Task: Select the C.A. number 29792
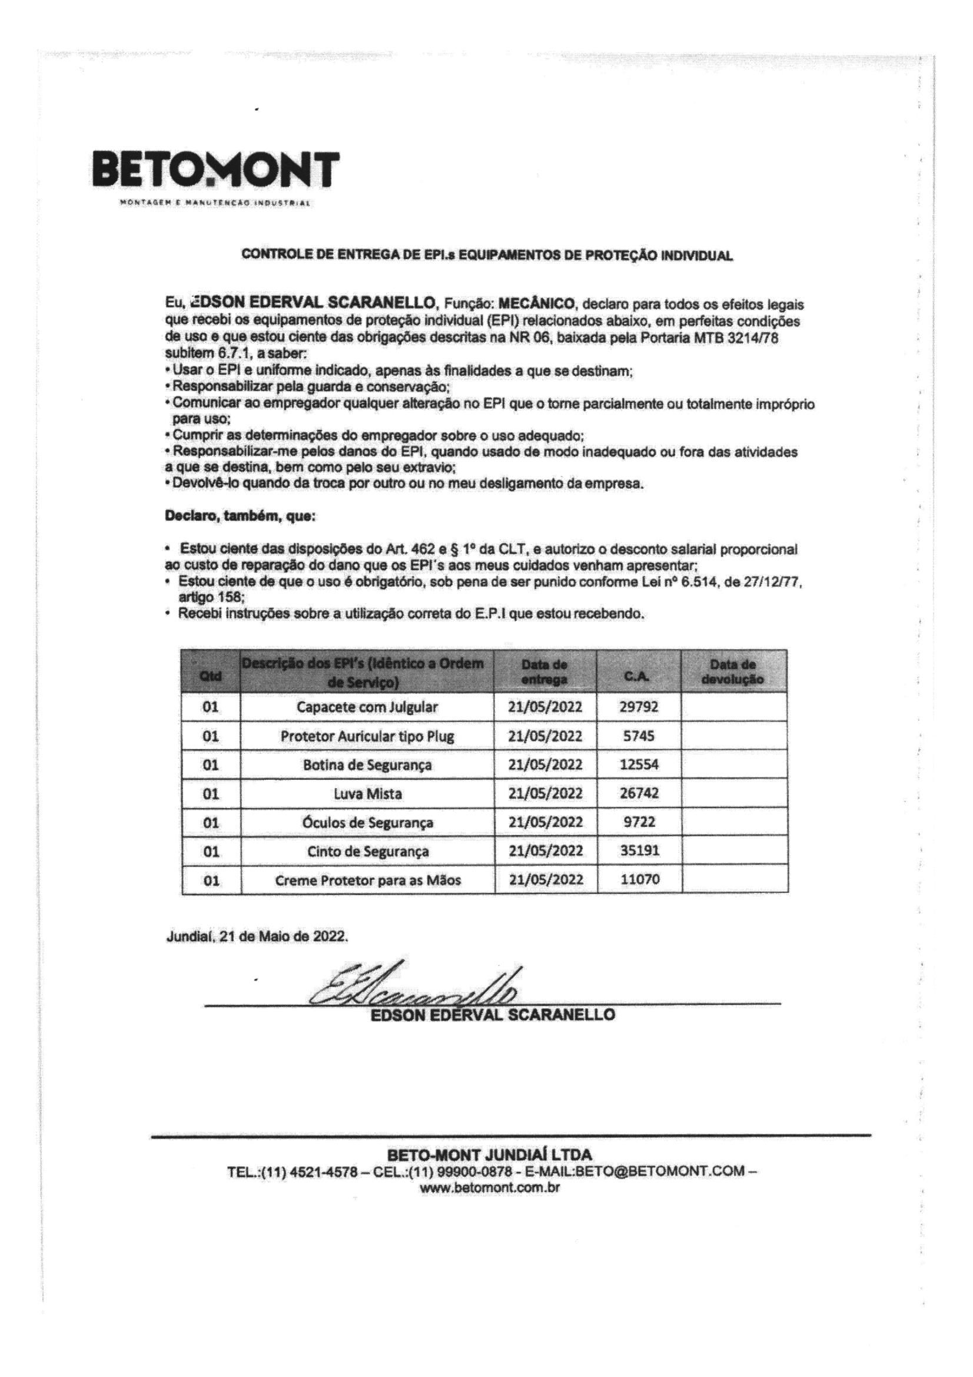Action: pos(639,707)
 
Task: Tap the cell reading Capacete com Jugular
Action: pos(367,707)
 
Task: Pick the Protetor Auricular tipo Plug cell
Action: pos(367,736)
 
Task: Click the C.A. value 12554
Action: pos(639,764)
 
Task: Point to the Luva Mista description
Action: pos(367,794)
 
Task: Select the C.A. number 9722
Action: pos(639,822)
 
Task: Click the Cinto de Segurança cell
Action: pos(367,851)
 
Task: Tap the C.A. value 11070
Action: pos(639,880)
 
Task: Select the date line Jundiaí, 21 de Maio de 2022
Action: pos(256,936)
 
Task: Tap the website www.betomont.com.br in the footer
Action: pos(490,1187)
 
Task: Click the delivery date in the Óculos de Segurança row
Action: pos(545,822)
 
